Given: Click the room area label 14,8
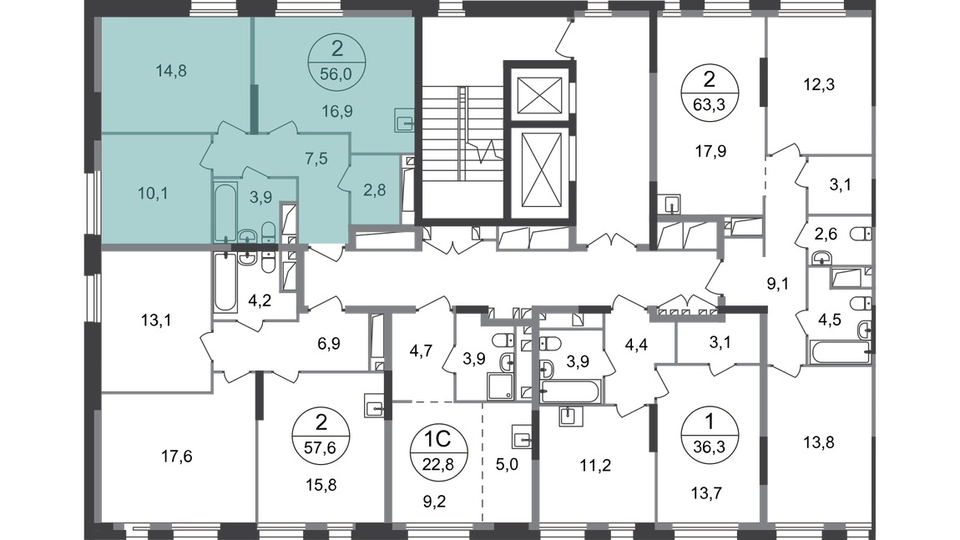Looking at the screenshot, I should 170,71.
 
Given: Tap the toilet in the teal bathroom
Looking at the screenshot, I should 267,232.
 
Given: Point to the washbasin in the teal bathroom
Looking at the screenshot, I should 247,237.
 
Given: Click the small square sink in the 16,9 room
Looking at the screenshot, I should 405,122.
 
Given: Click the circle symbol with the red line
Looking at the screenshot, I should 709,434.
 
